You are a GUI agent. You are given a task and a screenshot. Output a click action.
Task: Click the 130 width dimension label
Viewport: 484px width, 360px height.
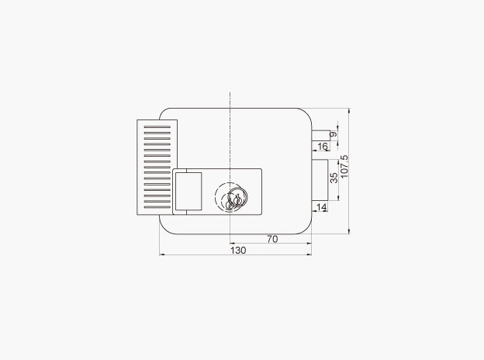[238, 250]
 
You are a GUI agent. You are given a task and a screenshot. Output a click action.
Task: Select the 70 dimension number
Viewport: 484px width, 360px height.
[272, 239]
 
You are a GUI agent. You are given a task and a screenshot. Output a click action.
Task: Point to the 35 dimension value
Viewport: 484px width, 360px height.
[334, 178]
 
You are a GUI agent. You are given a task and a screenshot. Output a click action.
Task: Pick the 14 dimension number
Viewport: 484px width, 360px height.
[321, 207]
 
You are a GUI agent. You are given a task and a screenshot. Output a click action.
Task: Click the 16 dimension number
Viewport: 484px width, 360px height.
[322, 147]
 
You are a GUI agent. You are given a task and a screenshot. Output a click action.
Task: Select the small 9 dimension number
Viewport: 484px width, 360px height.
[334, 135]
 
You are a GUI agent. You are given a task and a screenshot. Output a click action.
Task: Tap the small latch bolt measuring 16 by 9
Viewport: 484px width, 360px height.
[320, 136]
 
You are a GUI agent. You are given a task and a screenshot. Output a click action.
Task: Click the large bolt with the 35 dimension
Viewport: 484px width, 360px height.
[320, 180]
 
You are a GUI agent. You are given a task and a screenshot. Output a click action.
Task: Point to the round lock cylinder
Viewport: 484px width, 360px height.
[231, 196]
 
